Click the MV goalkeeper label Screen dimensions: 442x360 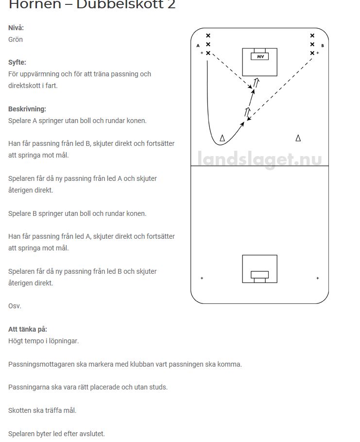tap(259, 56)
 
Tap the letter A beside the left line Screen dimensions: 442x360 tap(198, 46)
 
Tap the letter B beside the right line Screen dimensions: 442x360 tap(323, 46)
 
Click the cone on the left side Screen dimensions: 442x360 tap(223, 139)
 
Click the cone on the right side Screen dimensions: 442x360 tap(298, 138)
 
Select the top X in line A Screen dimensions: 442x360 tap(208, 35)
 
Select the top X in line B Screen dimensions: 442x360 tap(312, 35)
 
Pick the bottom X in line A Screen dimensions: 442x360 tap(208, 53)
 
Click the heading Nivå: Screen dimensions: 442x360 tap(16, 28)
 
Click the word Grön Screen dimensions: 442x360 tap(16, 39)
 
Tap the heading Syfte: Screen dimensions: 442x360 tap(17, 62)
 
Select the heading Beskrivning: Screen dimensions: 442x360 tap(27, 109)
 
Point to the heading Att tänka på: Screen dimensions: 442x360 tap(28, 329)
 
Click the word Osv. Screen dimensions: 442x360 tap(15, 306)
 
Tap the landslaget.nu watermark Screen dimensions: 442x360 tap(259, 159)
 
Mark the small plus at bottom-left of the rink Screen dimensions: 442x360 tap(202, 278)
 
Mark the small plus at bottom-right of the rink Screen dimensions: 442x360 tap(318, 278)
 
